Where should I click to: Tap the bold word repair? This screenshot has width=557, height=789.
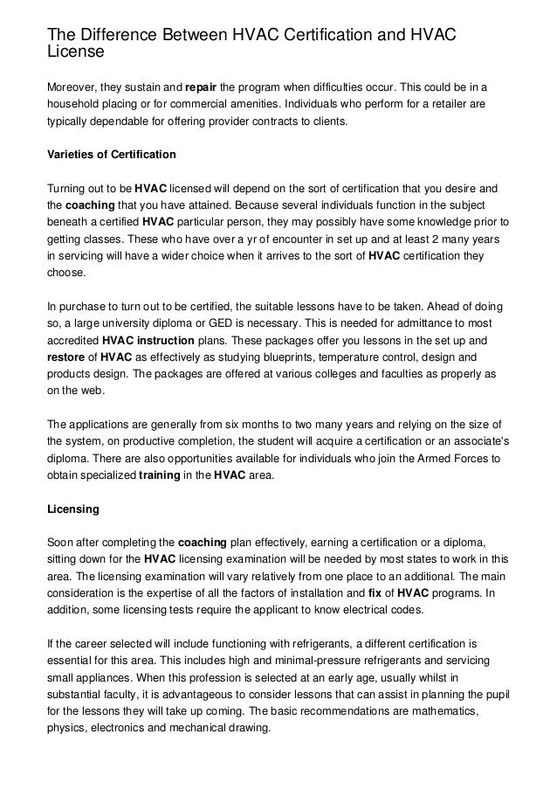(201, 88)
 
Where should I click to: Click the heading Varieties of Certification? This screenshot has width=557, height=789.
(111, 155)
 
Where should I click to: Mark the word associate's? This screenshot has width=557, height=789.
(478, 439)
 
